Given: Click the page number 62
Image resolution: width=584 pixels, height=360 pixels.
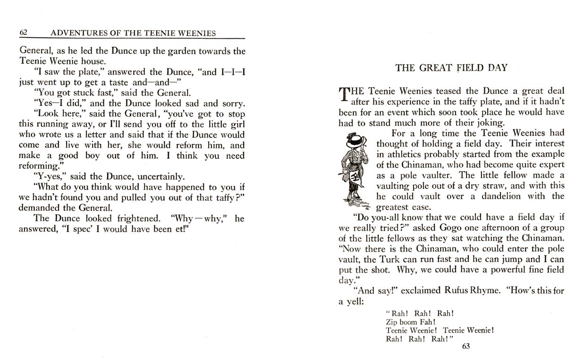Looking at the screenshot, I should [x=24, y=33].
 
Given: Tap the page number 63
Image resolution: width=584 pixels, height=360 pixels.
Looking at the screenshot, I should [x=466, y=346].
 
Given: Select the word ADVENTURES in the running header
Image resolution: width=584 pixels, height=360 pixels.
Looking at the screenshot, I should [x=75, y=33].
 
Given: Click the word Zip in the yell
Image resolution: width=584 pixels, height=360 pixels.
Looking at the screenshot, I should [x=392, y=322].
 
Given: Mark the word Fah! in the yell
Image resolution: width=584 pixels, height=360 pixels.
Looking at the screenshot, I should [x=427, y=322].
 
